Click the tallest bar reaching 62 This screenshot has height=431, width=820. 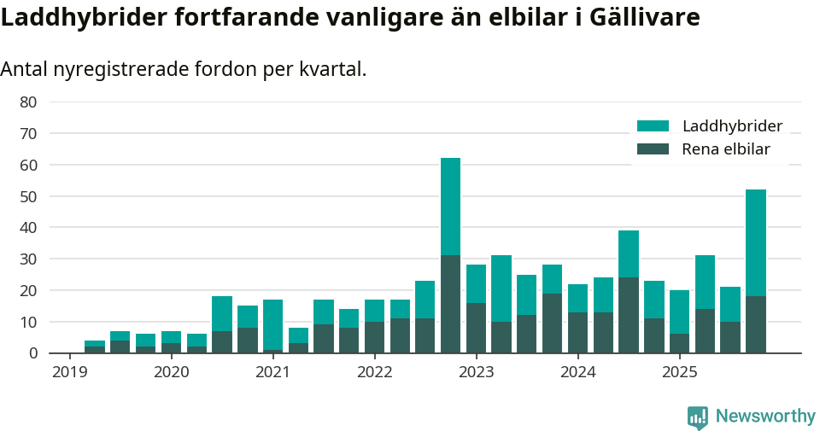450,256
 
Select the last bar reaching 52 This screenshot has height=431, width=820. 755,271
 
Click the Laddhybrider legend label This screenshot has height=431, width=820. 732,126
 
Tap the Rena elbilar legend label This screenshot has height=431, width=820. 725,149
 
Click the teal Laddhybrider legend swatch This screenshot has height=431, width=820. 653,126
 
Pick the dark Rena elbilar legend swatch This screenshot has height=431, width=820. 653,149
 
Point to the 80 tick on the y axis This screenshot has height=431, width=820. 28,102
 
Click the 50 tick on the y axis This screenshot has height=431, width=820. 28,196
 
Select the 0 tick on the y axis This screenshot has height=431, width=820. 32,353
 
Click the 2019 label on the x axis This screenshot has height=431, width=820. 69,372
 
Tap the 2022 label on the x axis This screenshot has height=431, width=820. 374,372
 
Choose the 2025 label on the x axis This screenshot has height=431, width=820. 679,372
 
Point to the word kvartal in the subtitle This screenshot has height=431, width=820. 331,69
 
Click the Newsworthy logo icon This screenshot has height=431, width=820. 697,416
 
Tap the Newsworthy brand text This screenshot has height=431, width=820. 765,416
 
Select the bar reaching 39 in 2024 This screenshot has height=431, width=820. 629,292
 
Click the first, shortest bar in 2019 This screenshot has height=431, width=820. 94,347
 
